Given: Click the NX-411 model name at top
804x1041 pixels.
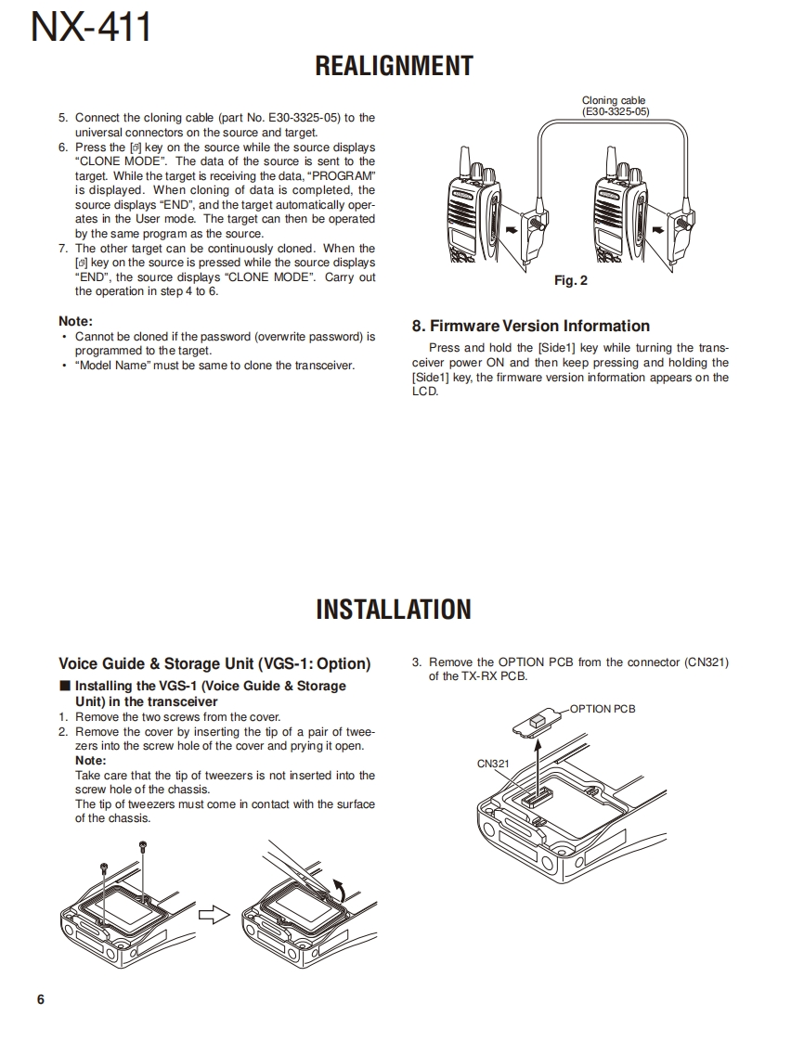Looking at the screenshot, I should [91, 28].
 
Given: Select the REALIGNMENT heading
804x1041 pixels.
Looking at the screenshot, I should [394, 66].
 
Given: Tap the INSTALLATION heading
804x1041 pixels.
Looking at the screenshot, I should [394, 610].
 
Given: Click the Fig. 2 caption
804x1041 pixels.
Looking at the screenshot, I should [570, 280].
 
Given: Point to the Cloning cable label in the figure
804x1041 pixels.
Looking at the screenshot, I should [614, 100].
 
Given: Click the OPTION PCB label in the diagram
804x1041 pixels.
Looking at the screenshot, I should [603, 709].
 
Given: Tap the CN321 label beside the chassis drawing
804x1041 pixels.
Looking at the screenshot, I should [493, 764].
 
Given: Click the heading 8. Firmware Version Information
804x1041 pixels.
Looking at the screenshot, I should [530, 326].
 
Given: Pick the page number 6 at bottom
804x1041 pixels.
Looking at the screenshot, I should [40, 999].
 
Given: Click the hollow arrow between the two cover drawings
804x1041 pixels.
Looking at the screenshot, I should [214, 915].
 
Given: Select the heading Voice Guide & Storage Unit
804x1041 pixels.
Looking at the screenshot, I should [214, 663].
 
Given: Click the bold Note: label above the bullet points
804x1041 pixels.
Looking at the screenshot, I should [75, 321].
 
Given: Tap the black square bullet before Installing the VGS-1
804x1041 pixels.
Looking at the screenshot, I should [64, 686].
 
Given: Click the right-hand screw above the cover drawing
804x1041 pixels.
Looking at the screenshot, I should [142, 846].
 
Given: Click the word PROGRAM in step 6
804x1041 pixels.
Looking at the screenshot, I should [344, 175].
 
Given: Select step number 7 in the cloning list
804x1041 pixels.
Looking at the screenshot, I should [63, 249].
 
